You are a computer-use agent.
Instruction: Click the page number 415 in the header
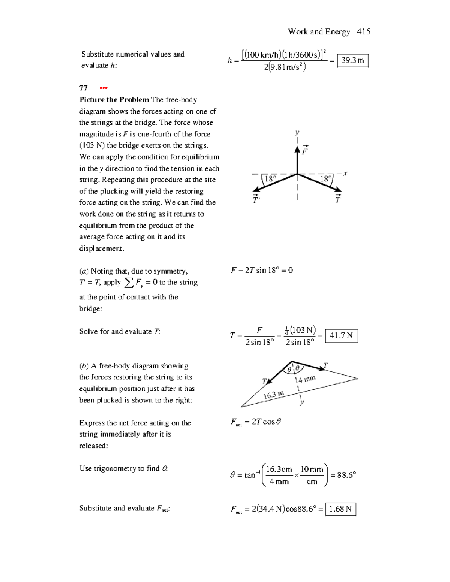pos(363,32)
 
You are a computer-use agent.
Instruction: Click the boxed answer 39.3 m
pos(352,61)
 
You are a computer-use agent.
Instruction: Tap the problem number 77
pos(83,88)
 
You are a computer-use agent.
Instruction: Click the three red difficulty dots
pos(103,88)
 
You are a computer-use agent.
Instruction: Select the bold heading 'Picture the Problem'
pos(114,100)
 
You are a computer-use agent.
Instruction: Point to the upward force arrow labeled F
pos(297,159)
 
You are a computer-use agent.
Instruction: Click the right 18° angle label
pos(326,179)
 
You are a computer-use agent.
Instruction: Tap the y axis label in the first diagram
pos(297,132)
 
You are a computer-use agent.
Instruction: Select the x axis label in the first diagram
pos(345,173)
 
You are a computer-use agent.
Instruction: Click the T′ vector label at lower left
pos(256,200)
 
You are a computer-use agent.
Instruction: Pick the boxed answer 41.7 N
pos(341,335)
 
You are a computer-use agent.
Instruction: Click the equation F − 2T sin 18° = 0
pos(262,270)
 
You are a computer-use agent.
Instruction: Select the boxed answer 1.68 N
pos(340,509)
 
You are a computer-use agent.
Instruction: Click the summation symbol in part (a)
pos(129,283)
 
